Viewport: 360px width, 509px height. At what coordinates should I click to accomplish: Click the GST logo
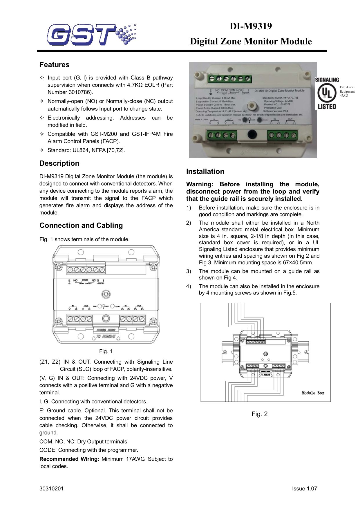(x=91, y=35)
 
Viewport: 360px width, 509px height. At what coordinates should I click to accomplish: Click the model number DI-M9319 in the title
(x=251, y=26)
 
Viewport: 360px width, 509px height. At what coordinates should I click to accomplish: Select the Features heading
(x=55, y=65)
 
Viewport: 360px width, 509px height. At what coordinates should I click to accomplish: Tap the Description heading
(x=59, y=163)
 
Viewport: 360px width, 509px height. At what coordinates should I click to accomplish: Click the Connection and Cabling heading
(x=81, y=225)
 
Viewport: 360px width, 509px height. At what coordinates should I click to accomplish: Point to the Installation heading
(x=205, y=172)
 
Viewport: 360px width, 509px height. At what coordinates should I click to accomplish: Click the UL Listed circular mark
(x=327, y=93)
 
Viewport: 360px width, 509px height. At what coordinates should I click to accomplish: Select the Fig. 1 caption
(x=106, y=351)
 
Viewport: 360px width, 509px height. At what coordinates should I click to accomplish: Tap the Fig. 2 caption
(x=259, y=414)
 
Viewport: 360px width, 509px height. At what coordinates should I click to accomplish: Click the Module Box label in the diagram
(x=313, y=393)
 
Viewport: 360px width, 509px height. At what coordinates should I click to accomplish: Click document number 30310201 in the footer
(x=51, y=489)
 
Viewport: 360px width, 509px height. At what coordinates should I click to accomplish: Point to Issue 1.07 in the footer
(x=304, y=489)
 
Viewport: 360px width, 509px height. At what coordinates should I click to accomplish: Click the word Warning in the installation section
(x=199, y=184)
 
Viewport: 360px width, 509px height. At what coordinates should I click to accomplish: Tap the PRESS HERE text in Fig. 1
(x=106, y=330)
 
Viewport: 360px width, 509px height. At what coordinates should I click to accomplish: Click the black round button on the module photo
(x=252, y=134)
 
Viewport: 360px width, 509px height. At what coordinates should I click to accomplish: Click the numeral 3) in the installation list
(x=189, y=271)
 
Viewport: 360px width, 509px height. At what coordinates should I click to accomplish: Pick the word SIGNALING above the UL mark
(x=327, y=80)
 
